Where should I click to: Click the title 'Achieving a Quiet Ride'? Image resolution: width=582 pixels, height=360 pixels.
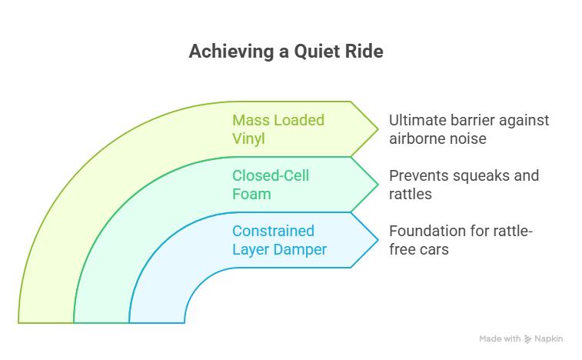(x=286, y=52)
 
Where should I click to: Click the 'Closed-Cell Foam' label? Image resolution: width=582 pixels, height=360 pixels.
(x=271, y=185)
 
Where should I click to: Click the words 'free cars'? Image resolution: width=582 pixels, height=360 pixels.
(x=418, y=249)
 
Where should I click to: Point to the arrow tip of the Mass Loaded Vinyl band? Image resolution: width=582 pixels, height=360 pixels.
(x=377, y=128)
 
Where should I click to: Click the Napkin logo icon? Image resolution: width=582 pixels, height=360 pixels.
(x=528, y=339)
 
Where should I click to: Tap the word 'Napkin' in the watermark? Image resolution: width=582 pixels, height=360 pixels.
(x=548, y=339)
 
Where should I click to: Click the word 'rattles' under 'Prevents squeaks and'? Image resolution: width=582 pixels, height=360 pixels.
(x=410, y=194)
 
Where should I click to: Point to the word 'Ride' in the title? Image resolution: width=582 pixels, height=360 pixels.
(x=367, y=52)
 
